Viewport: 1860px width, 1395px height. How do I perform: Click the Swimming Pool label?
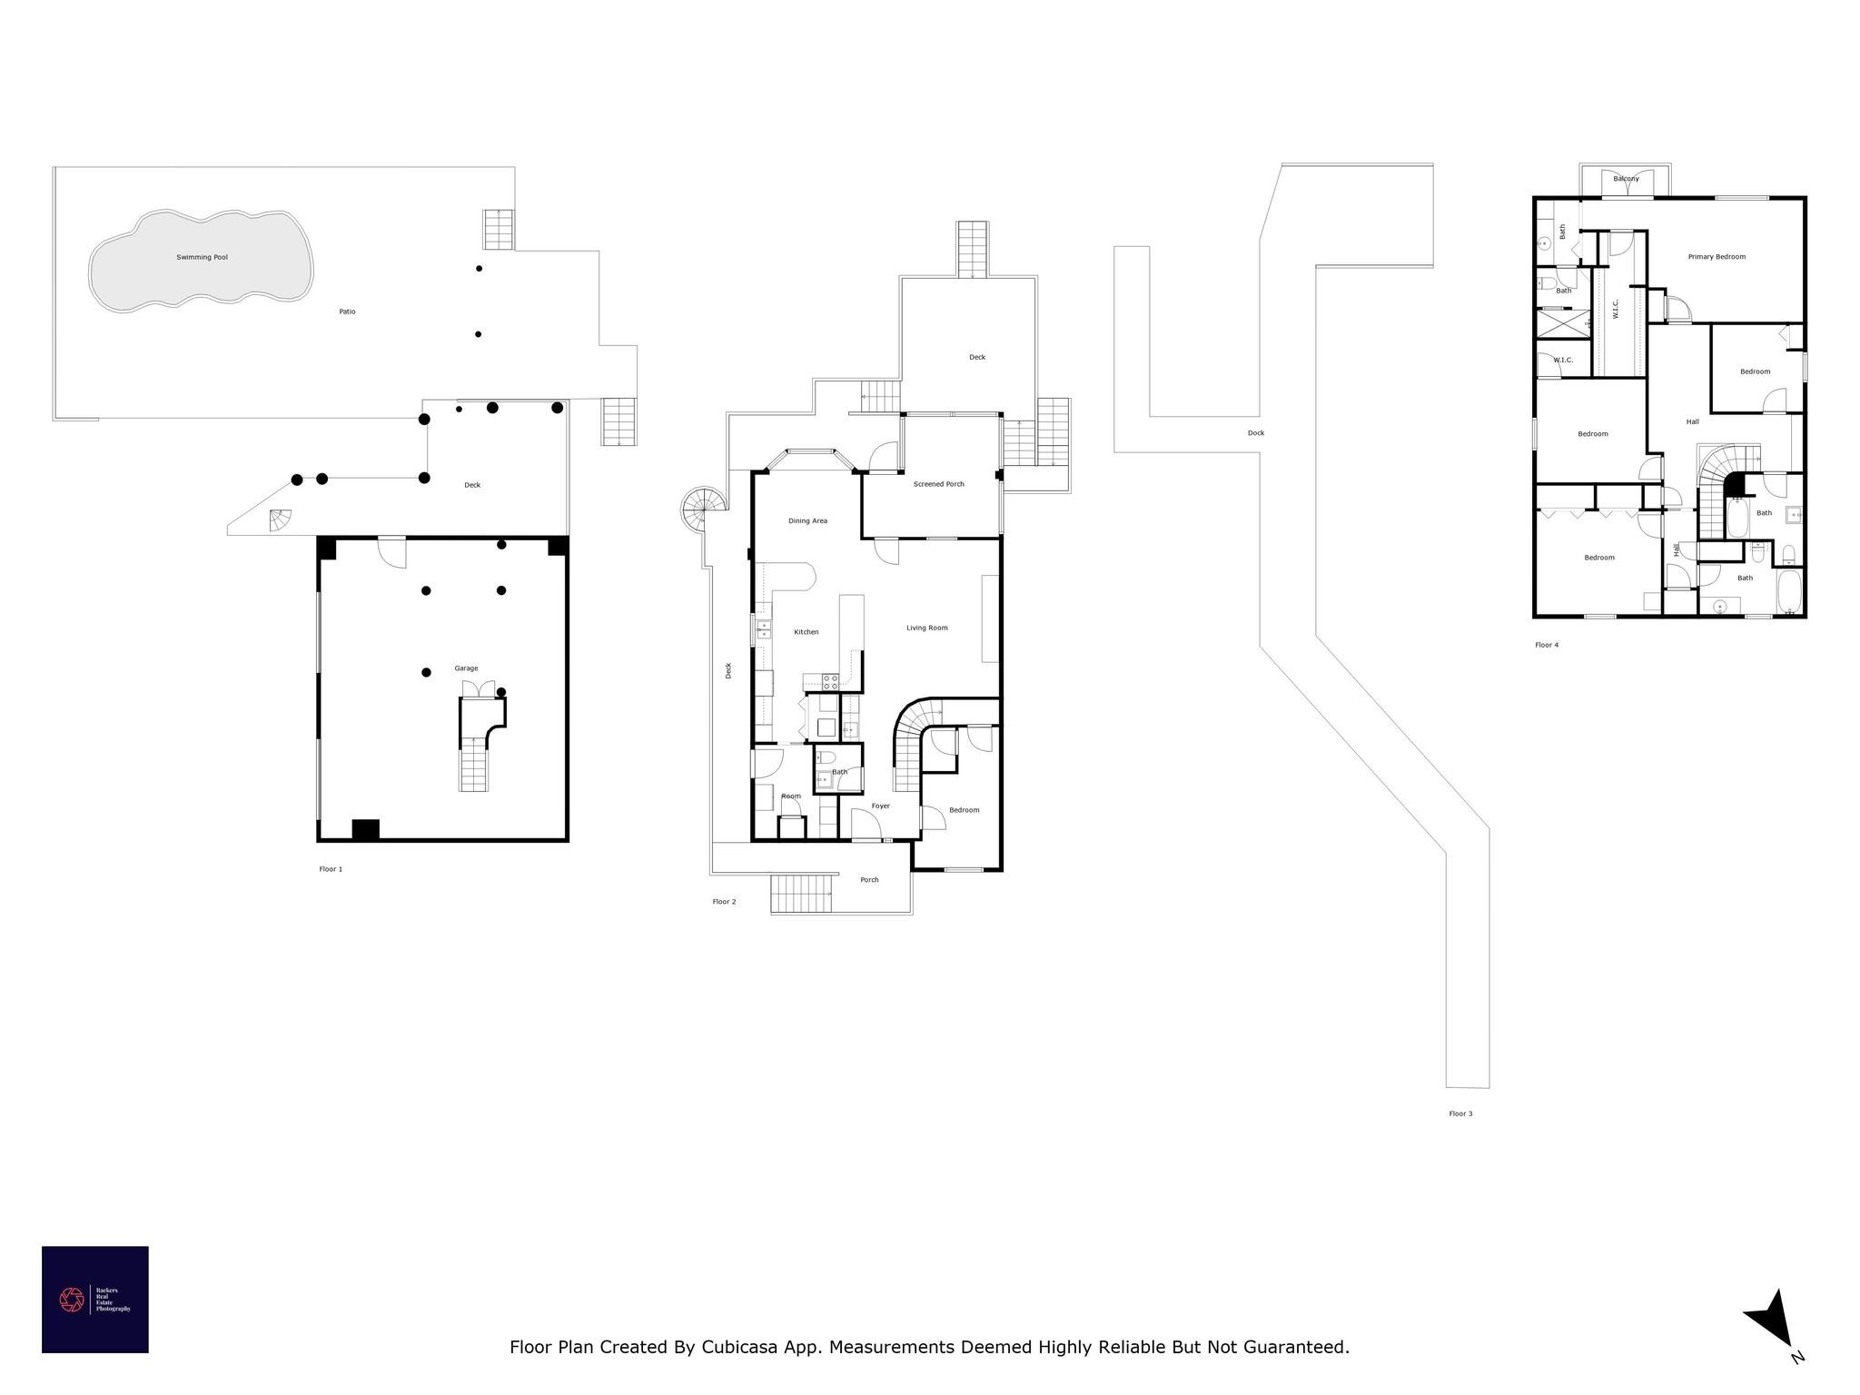(x=202, y=257)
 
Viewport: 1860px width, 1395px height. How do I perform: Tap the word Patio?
(x=347, y=312)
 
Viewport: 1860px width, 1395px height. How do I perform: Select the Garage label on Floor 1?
(x=466, y=668)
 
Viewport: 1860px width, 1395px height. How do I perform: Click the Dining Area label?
(x=807, y=520)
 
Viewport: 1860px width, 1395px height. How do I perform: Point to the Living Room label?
(x=926, y=628)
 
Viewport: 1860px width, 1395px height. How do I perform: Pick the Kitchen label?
(x=806, y=632)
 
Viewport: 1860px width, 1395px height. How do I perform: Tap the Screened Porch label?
(x=938, y=484)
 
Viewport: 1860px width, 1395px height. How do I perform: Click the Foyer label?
(x=880, y=806)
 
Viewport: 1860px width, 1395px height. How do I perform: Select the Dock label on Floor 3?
(x=1255, y=433)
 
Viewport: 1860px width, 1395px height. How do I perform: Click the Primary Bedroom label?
(x=1716, y=257)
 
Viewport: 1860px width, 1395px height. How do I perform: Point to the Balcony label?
(x=1626, y=179)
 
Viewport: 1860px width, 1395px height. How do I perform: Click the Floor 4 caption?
(x=1546, y=645)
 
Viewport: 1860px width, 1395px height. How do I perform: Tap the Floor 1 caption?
(x=331, y=869)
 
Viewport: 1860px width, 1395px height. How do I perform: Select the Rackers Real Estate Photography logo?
(x=94, y=1299)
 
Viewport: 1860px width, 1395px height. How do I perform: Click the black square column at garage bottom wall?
(x=365, y=829)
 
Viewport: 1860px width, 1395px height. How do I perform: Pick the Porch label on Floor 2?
(x=869, y=879)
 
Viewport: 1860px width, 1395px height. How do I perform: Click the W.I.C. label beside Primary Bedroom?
(x=1615, y=310)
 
